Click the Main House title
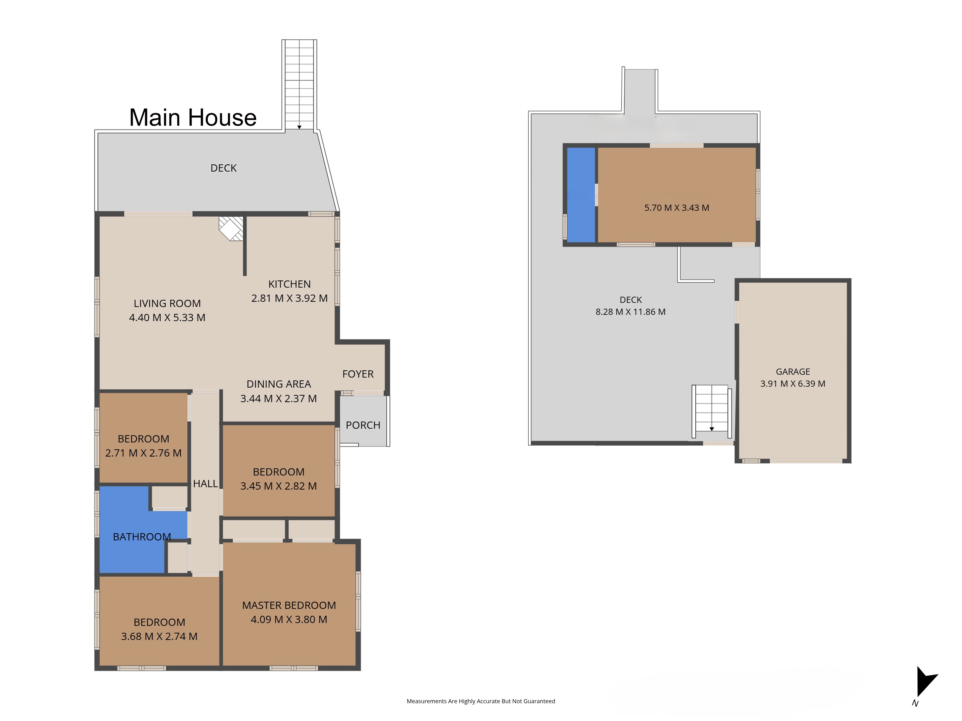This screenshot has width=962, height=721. click(x=193, y=117)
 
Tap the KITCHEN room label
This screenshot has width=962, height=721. click(x=289, y=284)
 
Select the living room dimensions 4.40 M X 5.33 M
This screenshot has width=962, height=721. click(x=167, y=318)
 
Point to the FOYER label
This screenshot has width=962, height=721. click(x=358, y=374)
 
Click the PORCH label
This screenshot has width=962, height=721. click(x=363, y=425)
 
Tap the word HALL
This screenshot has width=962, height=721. click(x=205, y=484)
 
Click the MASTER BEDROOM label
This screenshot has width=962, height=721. click(x=289, y=605)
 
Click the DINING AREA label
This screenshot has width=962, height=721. click(x=279, y=384)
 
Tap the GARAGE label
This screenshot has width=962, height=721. click(x=793, y=372)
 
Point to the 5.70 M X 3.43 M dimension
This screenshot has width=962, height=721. click(x=677, y=208)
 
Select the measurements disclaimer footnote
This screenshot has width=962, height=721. click(x=481, y=701)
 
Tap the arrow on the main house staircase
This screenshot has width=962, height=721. click(x=299, y=127)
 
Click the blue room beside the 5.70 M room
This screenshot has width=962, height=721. click(x=581, y=195)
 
